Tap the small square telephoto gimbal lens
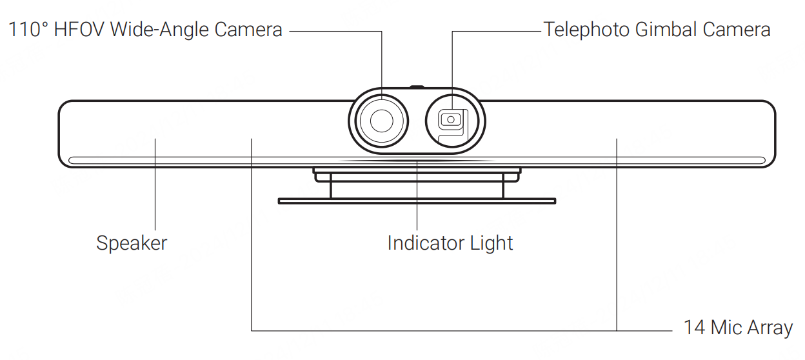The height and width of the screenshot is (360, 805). click(450, 119)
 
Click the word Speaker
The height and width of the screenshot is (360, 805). click(132, 243)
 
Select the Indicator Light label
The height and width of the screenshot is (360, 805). click(450, 243)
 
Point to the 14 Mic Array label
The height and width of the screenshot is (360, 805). click(737, 328)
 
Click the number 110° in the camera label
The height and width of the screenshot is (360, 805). click(28, 30)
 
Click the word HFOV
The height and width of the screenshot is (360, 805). click(80, 30)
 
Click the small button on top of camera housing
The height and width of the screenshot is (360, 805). click(417, 86)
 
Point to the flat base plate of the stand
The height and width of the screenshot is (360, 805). click(417, 201)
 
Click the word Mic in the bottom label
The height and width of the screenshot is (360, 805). click(723, 328)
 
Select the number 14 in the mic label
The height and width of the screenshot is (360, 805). click(694, 328)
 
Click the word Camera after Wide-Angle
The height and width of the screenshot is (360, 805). click(248, 30)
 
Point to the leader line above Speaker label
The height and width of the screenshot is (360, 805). click(155, 187)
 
